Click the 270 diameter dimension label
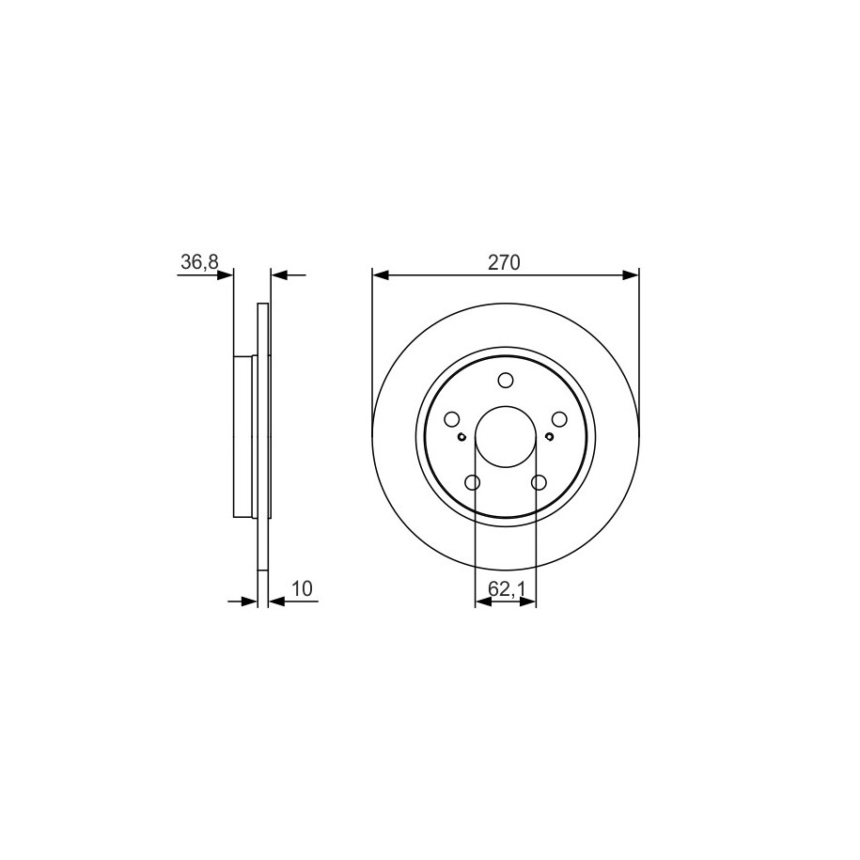(504, 263)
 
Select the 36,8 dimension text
(199, 262)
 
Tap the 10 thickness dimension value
(302, 588)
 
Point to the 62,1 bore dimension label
(507, 589)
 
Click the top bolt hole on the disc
(505, 380)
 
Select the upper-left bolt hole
(451, 419)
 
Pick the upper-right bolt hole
(559, 419)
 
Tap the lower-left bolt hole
(472, 483)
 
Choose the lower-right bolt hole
(539, 483)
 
